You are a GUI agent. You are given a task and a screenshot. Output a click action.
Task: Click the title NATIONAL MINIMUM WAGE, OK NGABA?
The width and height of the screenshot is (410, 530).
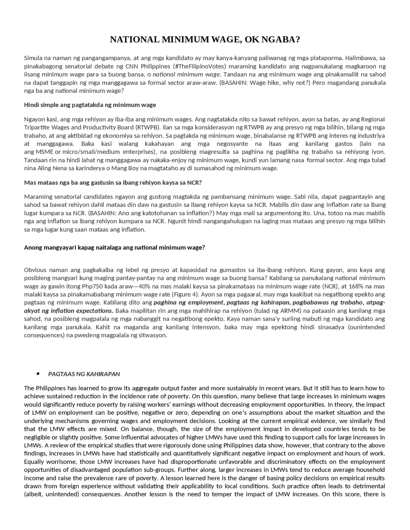click(205, 40)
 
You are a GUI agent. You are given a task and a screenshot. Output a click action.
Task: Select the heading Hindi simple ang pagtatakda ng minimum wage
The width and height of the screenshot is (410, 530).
click(90, 105)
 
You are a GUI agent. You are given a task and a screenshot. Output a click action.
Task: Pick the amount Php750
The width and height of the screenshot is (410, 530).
click(93, 286)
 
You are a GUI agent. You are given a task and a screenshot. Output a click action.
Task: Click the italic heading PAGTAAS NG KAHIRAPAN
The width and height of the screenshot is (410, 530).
click(84, 374)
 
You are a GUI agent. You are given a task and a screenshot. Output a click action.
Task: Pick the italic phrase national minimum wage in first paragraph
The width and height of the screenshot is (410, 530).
click(186, 75)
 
